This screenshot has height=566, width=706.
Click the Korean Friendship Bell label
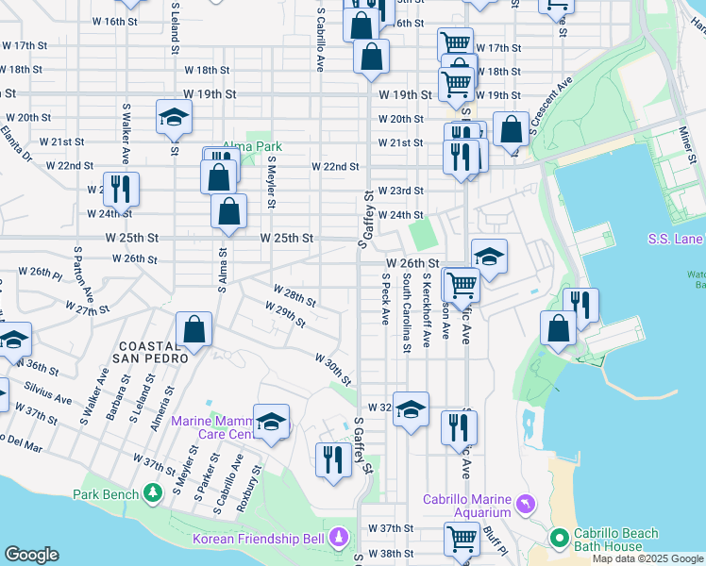259,539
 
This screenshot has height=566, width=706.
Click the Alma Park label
252,147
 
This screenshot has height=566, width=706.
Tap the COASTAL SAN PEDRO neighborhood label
151,351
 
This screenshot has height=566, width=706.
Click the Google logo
32,555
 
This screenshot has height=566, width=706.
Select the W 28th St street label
294,295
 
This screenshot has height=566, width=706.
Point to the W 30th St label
332,369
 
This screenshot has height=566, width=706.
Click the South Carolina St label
407,313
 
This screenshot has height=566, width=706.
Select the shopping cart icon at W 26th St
462,283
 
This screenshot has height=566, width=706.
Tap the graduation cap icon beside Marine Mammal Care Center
272,422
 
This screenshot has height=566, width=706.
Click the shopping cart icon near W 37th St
462,539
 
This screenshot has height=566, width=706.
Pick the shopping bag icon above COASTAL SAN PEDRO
193,329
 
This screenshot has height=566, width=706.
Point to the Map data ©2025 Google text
647,558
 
